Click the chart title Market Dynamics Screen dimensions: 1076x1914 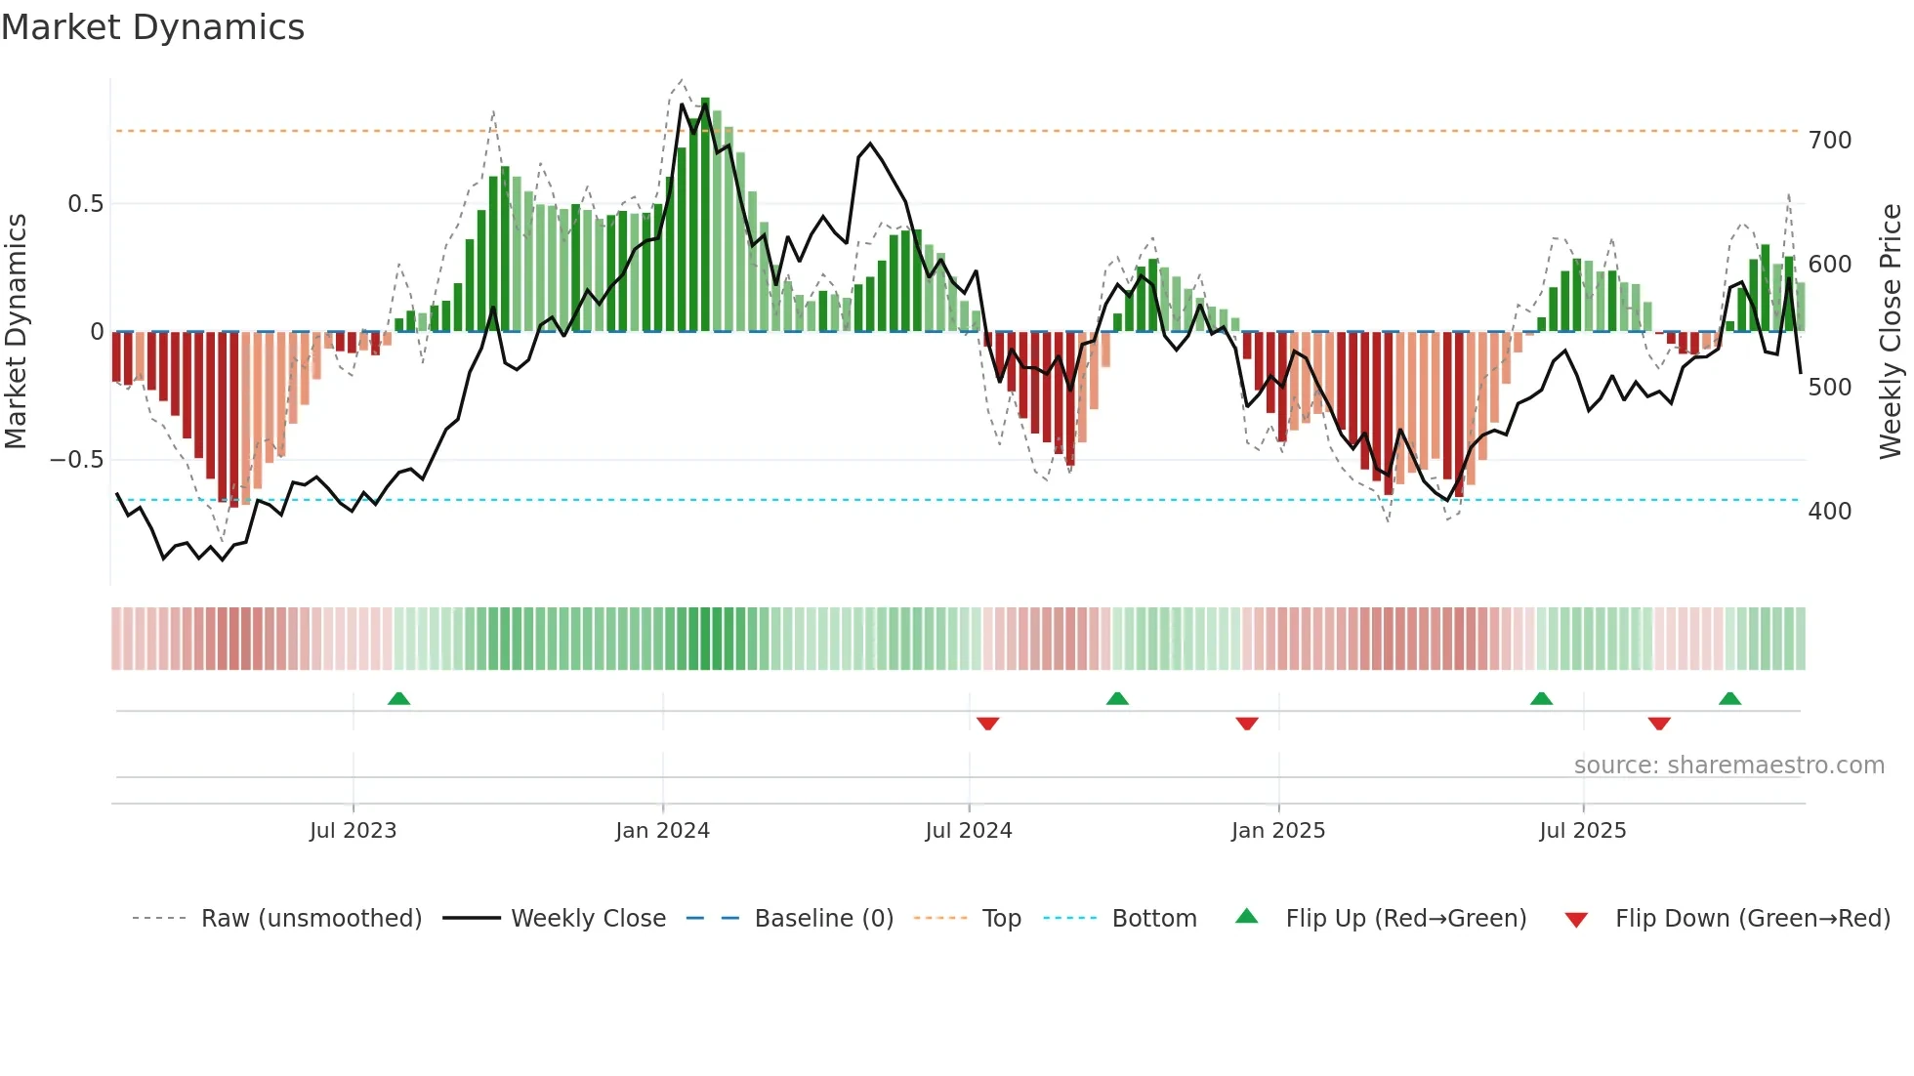point(152,27)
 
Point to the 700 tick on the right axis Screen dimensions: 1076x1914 point(1829,141)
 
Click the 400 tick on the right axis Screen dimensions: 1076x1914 point(1829,511)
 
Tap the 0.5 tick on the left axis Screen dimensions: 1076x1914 point(85,204)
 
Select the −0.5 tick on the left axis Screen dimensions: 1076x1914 point(77,460)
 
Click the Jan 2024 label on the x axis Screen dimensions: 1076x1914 point(662,831)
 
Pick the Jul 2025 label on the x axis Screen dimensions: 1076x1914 point(1582,831)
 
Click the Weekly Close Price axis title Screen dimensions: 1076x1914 point(1891,332)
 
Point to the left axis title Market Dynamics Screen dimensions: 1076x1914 point(16,332)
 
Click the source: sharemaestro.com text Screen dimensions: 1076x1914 point(1728,766)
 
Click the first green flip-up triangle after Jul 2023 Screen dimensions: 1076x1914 point(398,698)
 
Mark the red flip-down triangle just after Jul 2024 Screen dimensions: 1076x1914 point(987,724)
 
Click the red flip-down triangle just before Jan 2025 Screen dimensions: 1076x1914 point(1246,724)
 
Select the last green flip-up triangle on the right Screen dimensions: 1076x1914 point(1729,698)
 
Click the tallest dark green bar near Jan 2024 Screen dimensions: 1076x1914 point(705,215)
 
